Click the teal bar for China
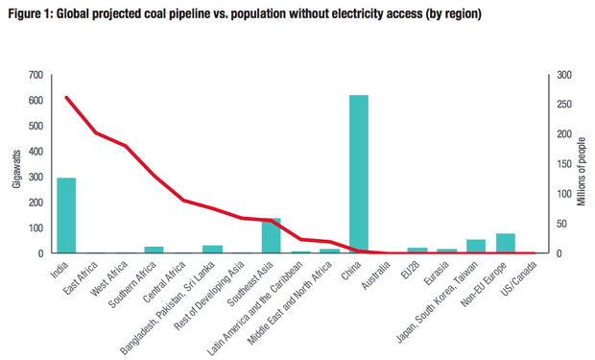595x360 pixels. pyautogui.click(x=359, y=174)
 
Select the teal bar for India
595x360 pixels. pyautogui.click(x=66, y=215)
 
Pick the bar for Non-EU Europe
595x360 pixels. pyautogui.click(x=505, y=243)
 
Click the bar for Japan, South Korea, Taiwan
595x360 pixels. pyautogui.click(x=476, y=247)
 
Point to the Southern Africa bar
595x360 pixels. pyautogui.click(x=154, y=250)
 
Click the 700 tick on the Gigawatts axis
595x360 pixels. pyautogui.click(x=36, y=75)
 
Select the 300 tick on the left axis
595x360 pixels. pyautogui.click(x=36, y=177)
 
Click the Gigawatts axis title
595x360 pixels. pyautogui.click(x=16, y=164)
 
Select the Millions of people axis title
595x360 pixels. pyautogui.click(x=581, y=171)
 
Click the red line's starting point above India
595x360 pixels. pyautogui.click(x=66, y=97)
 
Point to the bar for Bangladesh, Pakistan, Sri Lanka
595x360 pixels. pyautogui.click(x=212, y=249)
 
